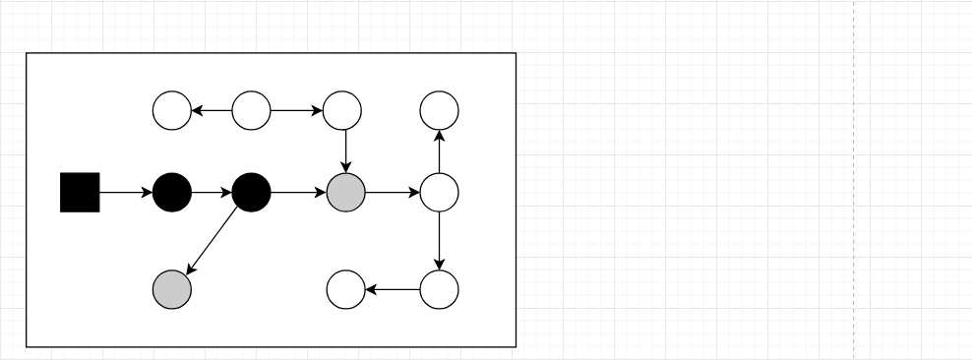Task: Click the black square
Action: point(80,192)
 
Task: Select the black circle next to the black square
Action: point(172,192)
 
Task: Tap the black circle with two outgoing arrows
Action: point(252,192)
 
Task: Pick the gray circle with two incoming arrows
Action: point(346,192)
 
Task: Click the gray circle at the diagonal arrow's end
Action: point(172,289)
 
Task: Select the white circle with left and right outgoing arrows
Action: point(252,110)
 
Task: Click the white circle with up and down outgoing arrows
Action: point(440,192)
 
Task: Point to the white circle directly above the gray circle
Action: point(343,110)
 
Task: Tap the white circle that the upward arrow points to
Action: point(440,110)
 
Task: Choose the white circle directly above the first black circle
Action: point(172,110)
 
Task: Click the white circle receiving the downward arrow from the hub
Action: point(440,289)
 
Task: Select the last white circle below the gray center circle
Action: point(345,289)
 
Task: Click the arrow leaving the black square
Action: point(126,192)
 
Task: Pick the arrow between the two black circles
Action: point(212,192)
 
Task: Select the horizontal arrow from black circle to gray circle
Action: point(299,192)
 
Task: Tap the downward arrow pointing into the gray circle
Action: point(345,150)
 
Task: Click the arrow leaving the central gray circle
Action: point(393,192)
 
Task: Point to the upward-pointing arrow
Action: point(440,150)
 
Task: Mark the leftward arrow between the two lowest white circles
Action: point(393,289)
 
